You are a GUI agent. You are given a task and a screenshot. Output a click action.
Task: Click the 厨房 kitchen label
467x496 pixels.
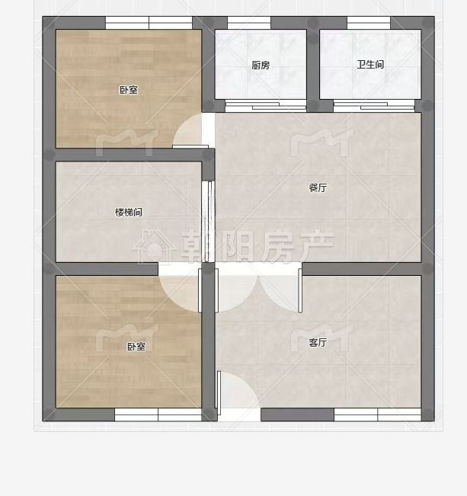click(261, 66)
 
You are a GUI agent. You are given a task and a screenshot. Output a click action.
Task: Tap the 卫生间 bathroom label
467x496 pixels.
click(370, 65)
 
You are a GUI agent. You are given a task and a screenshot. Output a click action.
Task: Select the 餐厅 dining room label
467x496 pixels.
click(318, 187)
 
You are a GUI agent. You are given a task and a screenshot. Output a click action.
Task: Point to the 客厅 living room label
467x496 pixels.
click(318, 342)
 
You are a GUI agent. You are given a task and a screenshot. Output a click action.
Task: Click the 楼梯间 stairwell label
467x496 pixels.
click(129, 212)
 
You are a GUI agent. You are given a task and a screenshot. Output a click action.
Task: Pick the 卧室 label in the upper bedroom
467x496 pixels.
click(129, 90)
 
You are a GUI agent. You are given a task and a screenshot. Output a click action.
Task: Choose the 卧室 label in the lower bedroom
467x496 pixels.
click(136, 347)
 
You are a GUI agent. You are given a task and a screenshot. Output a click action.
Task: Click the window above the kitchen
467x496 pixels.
click(249, 23)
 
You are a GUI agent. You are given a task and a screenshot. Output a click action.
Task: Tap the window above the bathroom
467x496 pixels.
click(369, 23)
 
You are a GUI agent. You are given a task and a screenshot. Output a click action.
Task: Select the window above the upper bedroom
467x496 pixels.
click(149, 23)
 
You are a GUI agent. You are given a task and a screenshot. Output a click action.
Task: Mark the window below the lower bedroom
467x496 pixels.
click(158, 414)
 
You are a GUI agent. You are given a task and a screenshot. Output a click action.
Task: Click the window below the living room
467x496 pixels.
click(377, 414)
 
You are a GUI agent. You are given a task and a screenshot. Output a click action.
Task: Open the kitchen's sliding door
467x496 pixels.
click(266, 106)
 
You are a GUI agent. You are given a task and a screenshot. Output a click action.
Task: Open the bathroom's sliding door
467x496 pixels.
click(374, 106)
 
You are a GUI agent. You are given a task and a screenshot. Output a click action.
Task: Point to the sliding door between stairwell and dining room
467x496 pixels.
click(208, 222)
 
